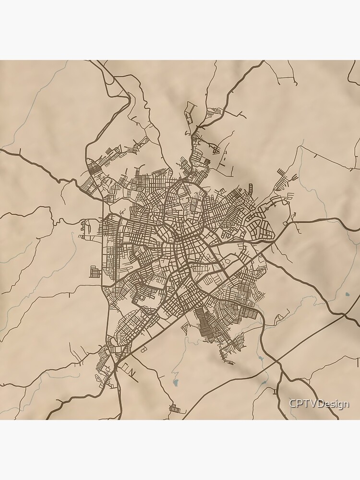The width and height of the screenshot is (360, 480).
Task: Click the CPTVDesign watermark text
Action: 319,404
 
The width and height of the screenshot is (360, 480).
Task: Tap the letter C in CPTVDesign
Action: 292,404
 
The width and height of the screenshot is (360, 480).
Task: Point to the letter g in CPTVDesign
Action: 339,405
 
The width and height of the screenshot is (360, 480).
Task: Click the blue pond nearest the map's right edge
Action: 347,294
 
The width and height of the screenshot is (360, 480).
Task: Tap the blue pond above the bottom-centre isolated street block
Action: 176,383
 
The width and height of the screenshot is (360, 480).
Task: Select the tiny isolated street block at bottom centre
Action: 178,409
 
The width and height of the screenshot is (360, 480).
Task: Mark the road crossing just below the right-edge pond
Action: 345,315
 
